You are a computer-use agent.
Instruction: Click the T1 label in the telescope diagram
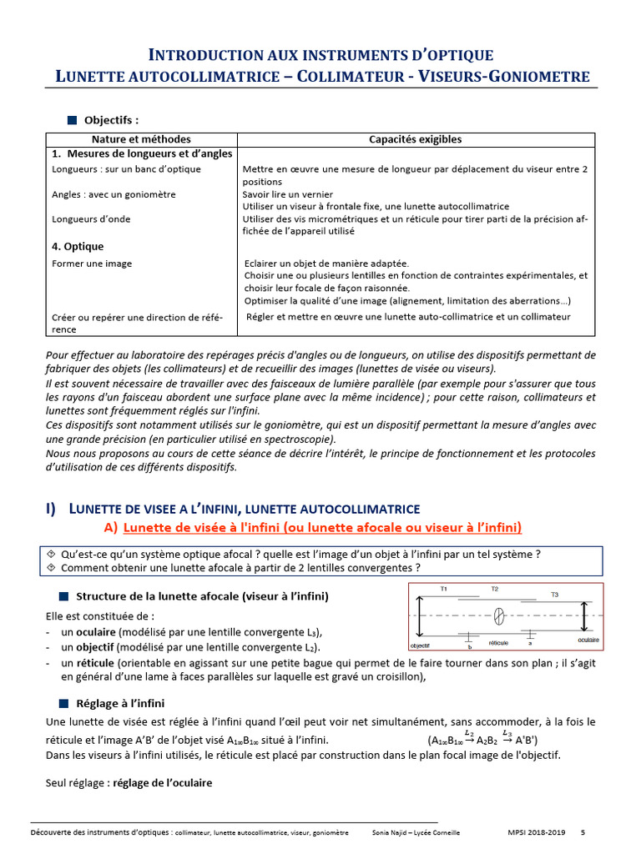(443, 590)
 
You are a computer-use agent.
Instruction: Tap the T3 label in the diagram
(555, 594)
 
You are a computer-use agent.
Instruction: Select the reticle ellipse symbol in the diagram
(499, 616)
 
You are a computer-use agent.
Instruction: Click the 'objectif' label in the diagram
(420, 646)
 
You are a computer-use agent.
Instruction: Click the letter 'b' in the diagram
(470, 646)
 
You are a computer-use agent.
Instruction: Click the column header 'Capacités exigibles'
(415, 139)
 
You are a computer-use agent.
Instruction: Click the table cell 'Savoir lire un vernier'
(288, 193)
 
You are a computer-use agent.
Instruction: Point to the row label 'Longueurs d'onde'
(90, 219)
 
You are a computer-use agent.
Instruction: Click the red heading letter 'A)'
(110, 526)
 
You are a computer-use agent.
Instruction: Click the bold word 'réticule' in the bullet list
(93, 662)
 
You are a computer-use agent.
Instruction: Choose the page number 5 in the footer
(583, 832)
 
